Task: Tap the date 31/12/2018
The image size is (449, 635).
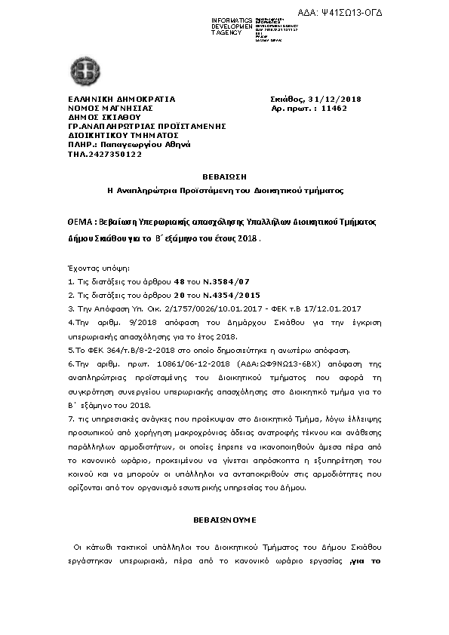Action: click(334, 100)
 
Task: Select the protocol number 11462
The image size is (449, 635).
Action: click(334, 109)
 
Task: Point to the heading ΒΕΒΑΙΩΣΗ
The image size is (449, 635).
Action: click(225, 176)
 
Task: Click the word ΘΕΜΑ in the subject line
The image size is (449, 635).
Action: click(80, 223)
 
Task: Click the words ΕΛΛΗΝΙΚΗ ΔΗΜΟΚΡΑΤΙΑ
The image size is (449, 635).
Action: click(121, 100)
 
